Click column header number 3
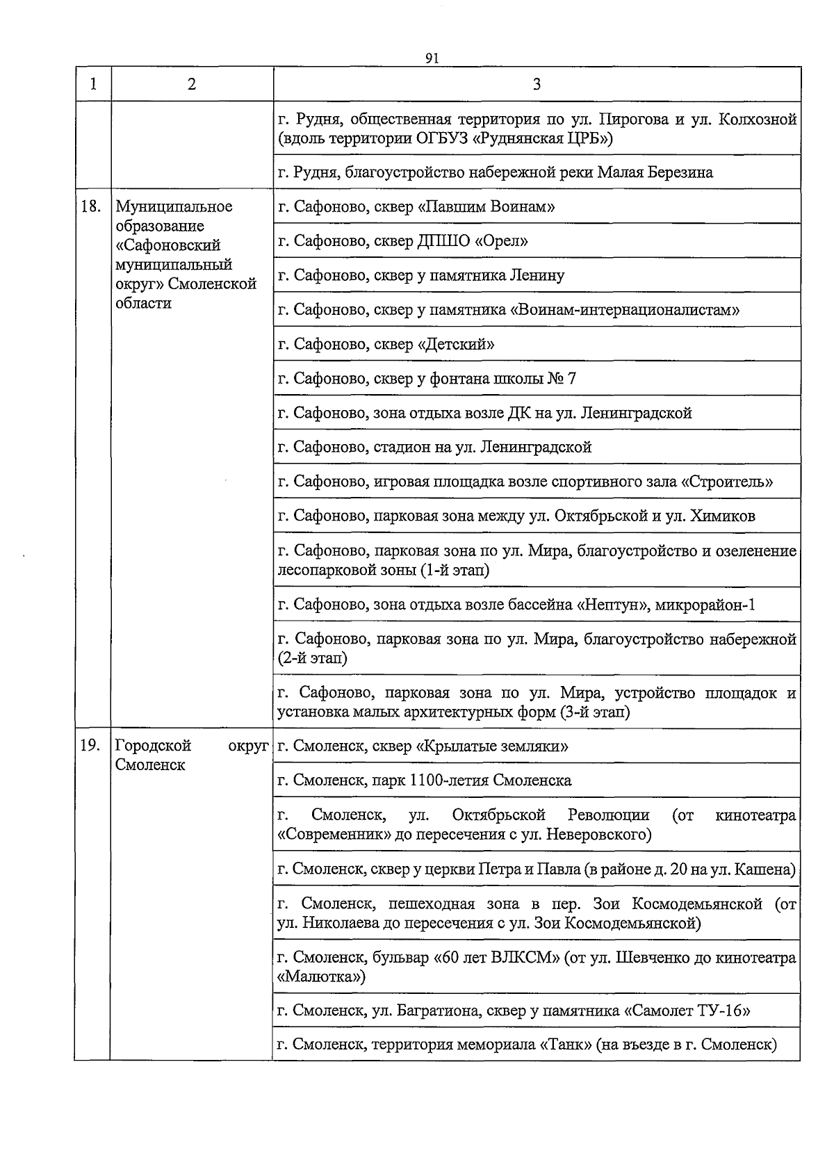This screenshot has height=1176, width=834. pyautogui.click(x=537, y=84)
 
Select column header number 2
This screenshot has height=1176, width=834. pyautogui.click(x=191, y=84)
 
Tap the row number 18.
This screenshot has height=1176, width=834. pyautogui.click(x=91, y=206)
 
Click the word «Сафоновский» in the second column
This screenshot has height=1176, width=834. pyautogui.click(x=167, y=245)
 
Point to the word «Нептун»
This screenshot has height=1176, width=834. pyautogui.click(x=612, y=605)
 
